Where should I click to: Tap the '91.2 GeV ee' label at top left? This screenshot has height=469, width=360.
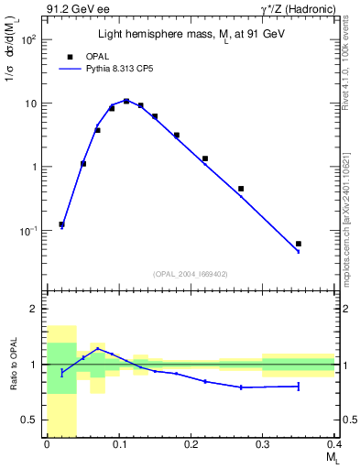74,9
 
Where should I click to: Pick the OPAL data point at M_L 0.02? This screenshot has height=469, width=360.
61,224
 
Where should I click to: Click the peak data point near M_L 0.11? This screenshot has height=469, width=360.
126,101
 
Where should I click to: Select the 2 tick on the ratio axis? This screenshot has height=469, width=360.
35,309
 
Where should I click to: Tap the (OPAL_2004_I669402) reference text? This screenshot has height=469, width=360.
190,273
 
